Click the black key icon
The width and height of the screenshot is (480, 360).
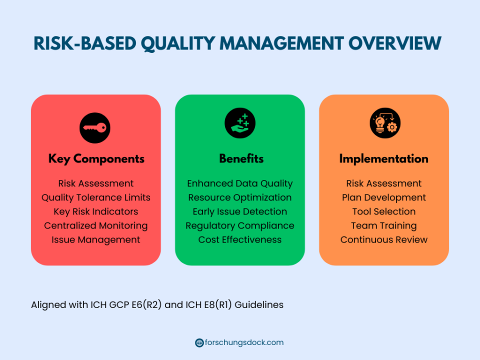[95, 128]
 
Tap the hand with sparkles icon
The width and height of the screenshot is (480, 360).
[240, 123]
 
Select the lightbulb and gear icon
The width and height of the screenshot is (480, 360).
[385, 123]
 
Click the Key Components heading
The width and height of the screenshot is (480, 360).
[96, 159]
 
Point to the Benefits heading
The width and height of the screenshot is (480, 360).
[241, 158]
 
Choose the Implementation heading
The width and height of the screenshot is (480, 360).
[384, 159]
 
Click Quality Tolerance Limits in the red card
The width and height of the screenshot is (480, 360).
[96, 198]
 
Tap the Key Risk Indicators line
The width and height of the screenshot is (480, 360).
[96, 211]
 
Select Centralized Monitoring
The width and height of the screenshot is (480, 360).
[96, 226]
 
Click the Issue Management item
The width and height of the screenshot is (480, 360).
[96, 240]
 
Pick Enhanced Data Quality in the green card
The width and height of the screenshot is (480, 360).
[240, 183]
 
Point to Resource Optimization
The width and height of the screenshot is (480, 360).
[240, 198]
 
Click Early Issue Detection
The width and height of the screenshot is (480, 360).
[240, 212]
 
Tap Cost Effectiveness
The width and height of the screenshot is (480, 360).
[240, 239]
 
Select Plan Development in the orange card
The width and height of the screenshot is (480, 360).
[384, 198]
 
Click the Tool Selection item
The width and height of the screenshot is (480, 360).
[384, 211]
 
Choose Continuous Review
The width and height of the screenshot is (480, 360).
[384, 239]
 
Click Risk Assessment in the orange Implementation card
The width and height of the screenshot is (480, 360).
[384, 183]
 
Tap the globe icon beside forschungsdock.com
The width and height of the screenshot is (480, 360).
[199, 343]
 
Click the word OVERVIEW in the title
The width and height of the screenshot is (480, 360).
[395, 43]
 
